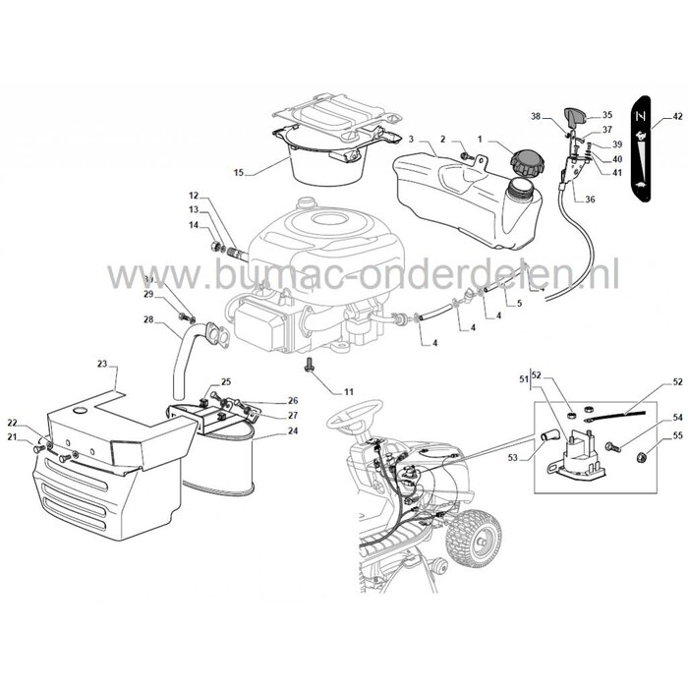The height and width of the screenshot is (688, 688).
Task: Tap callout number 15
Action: click(x=237, y=172)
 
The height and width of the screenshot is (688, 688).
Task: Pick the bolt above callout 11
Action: click(x=312, y=367)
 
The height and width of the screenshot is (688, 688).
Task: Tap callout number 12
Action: click(x=194, y=195)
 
